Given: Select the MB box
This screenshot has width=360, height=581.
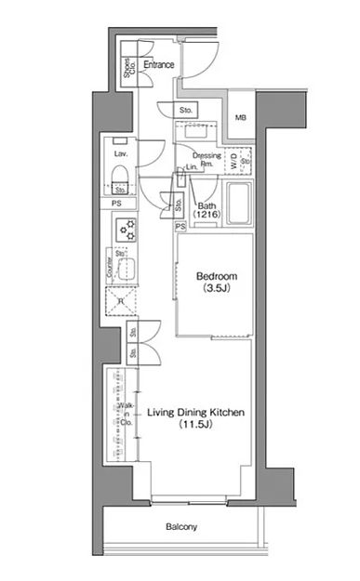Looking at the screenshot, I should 241,117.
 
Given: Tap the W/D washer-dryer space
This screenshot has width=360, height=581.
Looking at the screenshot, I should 235,161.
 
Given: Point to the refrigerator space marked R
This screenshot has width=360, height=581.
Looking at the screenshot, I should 122,300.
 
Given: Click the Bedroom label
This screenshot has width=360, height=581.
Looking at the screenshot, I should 216,277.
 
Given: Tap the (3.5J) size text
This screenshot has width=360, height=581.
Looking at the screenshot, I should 216,290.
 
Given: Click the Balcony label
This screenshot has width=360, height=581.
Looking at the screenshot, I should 181,527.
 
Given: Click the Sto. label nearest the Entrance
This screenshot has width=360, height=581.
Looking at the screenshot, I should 186,110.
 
